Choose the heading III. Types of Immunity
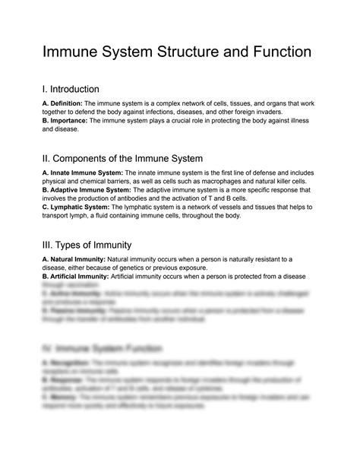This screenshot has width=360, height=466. tap(87, 245)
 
